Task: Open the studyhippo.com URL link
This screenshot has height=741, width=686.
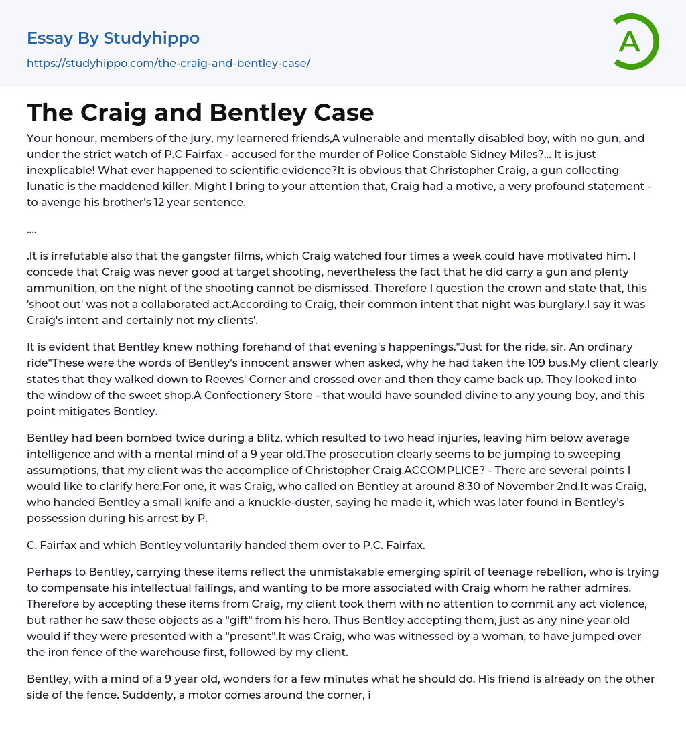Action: [x=168, y=64]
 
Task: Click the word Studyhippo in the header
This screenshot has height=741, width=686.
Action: [x=151, y=38]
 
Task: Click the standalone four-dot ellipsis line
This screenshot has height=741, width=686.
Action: [x=31, y=229]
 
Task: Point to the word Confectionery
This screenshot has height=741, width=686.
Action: [x=251, y=396]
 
